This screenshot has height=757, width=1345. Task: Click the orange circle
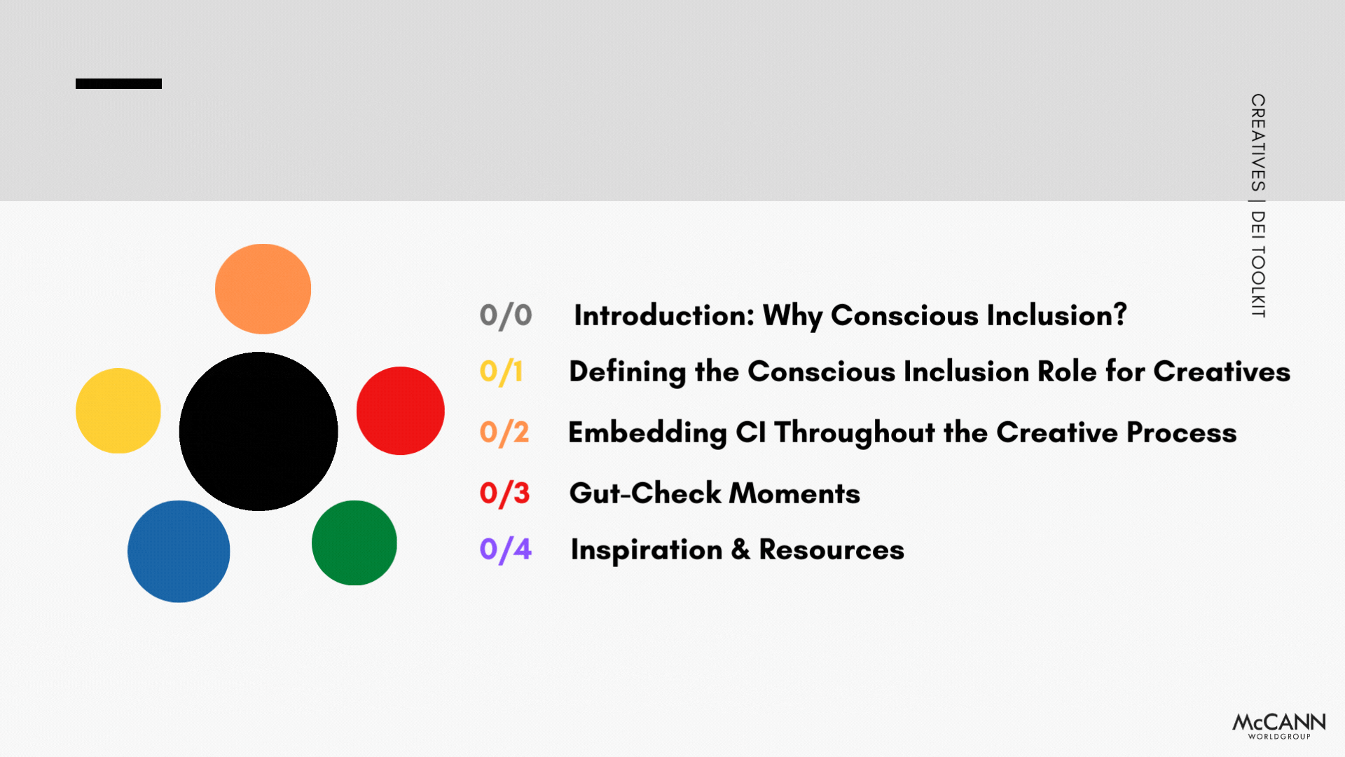[263, 289]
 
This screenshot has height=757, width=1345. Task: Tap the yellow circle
[118, 411]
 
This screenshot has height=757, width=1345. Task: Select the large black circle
[258, 431]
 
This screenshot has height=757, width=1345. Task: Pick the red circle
[401, 411]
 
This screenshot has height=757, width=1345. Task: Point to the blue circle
[179, 552]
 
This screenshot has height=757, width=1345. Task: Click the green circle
[354, 543]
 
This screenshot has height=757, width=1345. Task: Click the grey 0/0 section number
[506, 315]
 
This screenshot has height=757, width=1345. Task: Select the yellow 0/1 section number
[502, 371]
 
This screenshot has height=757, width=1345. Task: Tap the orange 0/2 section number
[504, 432]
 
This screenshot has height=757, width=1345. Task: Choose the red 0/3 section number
[504, 493]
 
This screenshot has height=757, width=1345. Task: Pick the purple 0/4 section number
[506, 550]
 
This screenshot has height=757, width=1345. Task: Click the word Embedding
[647, 432]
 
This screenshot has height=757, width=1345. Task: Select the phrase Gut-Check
[644, 493]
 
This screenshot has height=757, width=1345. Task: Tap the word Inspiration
[647, 550]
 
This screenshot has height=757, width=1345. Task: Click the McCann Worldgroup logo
[1279, 725]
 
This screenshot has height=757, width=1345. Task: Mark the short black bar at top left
[118, 83]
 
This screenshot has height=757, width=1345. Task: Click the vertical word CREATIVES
[1258, 143]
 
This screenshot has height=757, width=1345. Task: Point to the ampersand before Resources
[740, 550]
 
